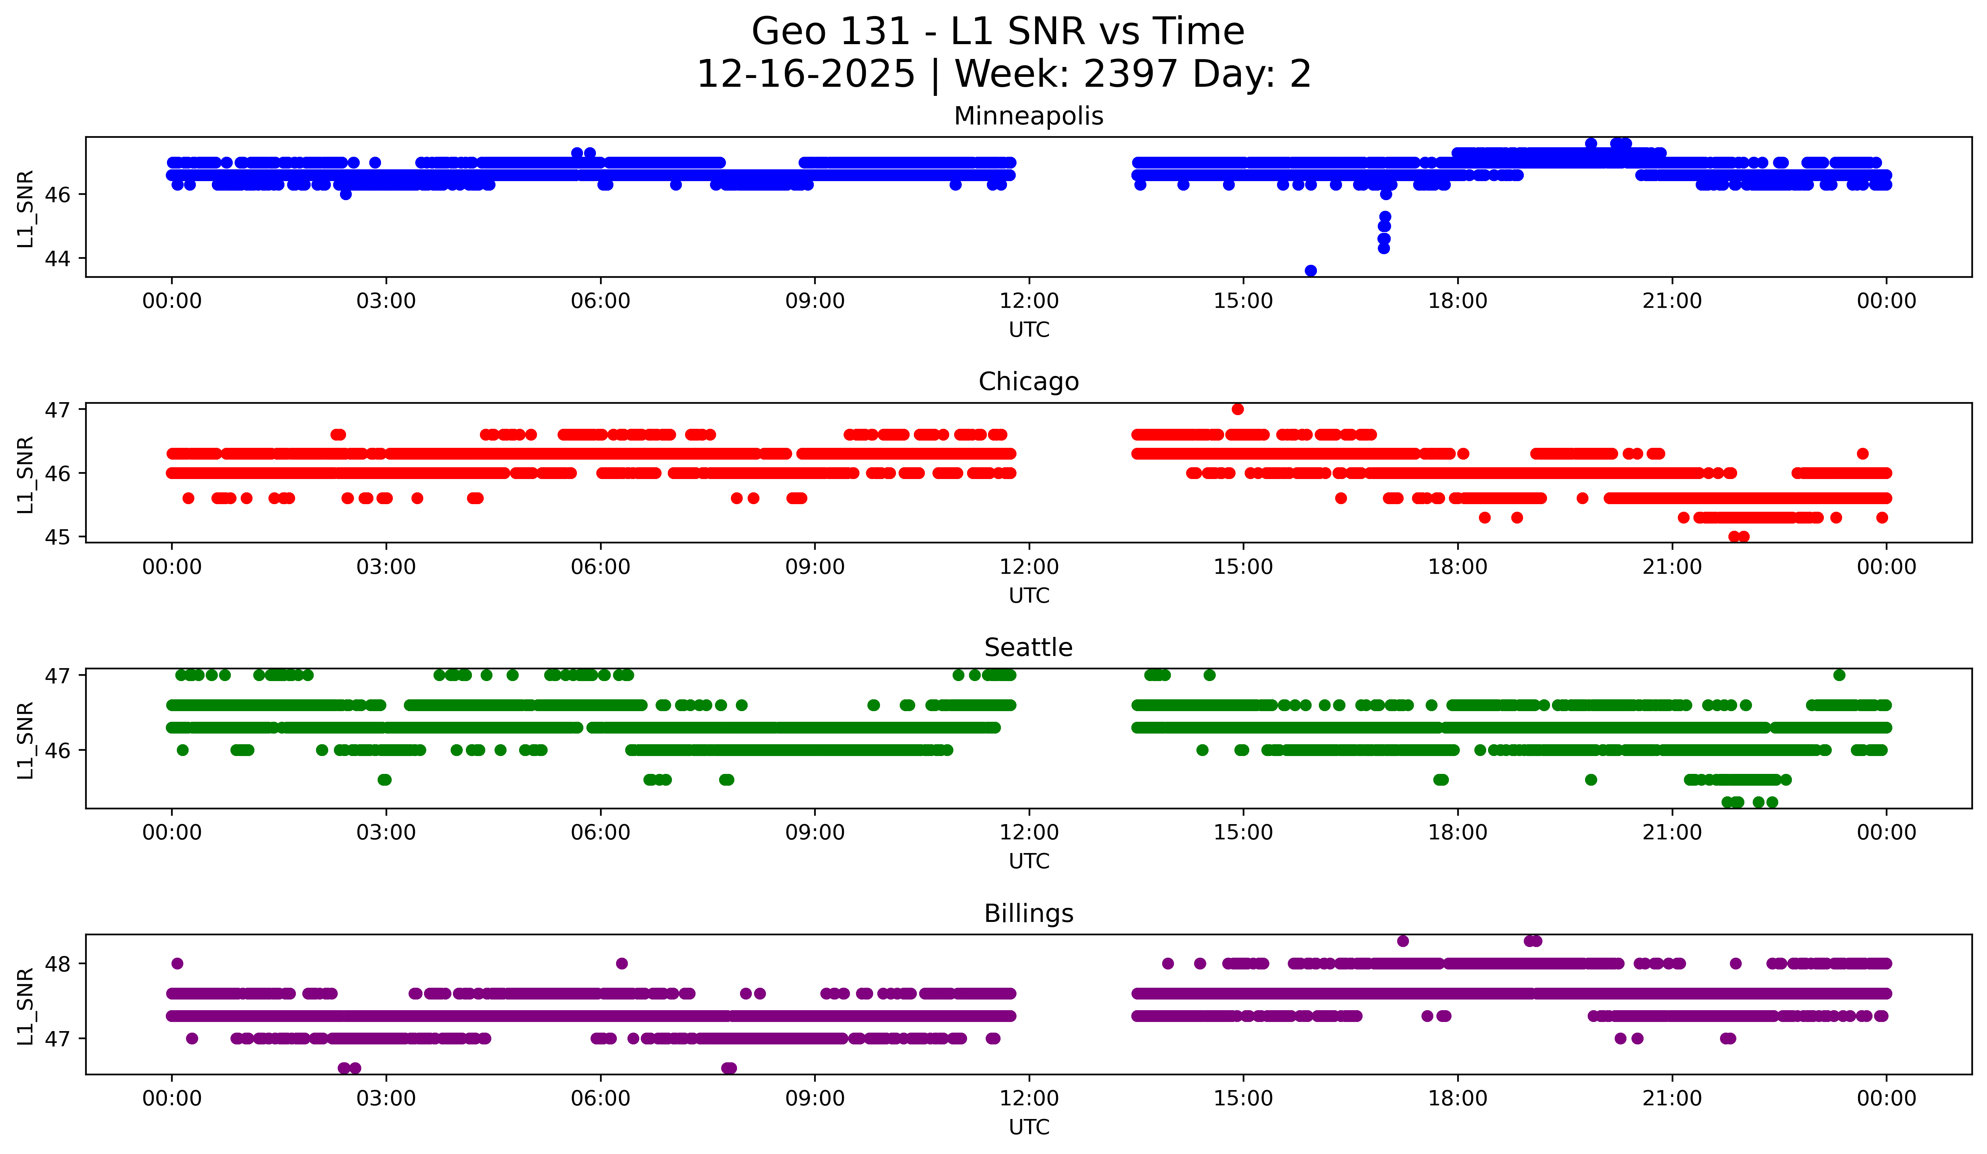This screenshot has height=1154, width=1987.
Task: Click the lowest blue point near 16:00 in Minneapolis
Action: pos(1310,271)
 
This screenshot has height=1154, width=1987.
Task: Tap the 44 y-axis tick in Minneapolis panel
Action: pos(57,259)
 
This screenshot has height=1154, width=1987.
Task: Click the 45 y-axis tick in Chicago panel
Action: pos(57,537)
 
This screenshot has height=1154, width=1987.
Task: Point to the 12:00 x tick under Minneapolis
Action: pos(1029,301)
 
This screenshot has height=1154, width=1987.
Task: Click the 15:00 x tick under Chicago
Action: pos(1244,567)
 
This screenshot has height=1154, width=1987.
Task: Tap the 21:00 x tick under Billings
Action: pos(1672,1099)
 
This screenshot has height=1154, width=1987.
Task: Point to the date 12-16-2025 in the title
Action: pos(806,75)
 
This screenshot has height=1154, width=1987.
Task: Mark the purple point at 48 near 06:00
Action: pos(621,963)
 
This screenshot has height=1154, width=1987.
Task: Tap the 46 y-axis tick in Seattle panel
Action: pos(57,750)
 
